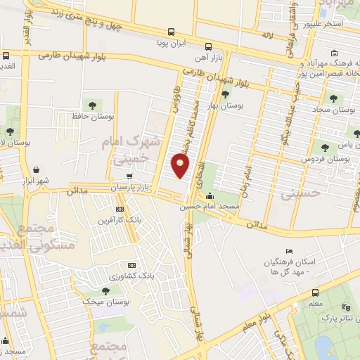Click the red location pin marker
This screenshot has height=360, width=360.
[x=181, y=166]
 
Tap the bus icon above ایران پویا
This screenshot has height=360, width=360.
[x=172, y=32]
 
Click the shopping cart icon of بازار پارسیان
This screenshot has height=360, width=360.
[x=128, y=176]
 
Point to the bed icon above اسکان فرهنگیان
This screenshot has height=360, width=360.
[x=289, y=251]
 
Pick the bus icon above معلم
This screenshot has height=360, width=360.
[x=316, y=292]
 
